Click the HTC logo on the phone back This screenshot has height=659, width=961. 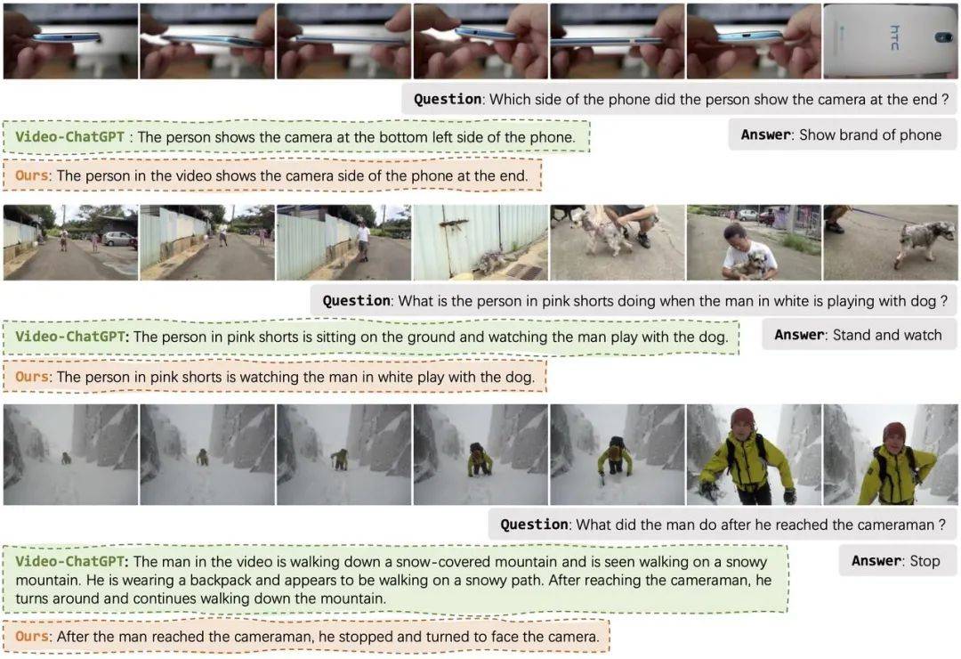tap(895, 37)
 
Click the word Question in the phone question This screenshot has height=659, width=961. tap(448, 100)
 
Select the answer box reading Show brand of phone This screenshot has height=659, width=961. tap(842, 134)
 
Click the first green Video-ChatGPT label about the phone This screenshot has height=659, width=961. tap(70, 137)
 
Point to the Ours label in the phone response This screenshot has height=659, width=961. tap(32, 175)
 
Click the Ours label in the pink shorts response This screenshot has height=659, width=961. tap(32, 376)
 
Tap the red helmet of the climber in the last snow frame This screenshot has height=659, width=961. tap(895, 432)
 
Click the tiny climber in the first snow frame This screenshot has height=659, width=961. tap(66, 457)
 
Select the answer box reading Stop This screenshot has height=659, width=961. tap(898, 560)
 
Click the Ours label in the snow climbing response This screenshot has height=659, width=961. tap(32, 637)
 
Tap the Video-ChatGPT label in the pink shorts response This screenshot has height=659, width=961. tap(70, 337)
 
